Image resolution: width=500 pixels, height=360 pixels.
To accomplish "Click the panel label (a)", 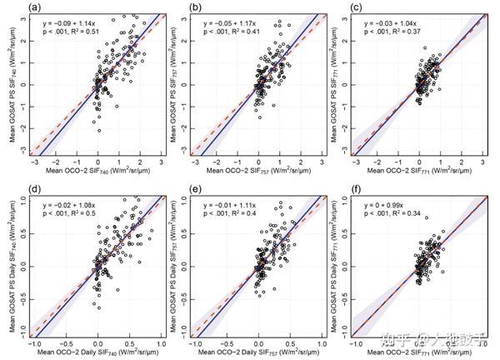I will click(12, 8).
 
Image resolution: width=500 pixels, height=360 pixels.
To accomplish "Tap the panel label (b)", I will click(177, 8).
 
